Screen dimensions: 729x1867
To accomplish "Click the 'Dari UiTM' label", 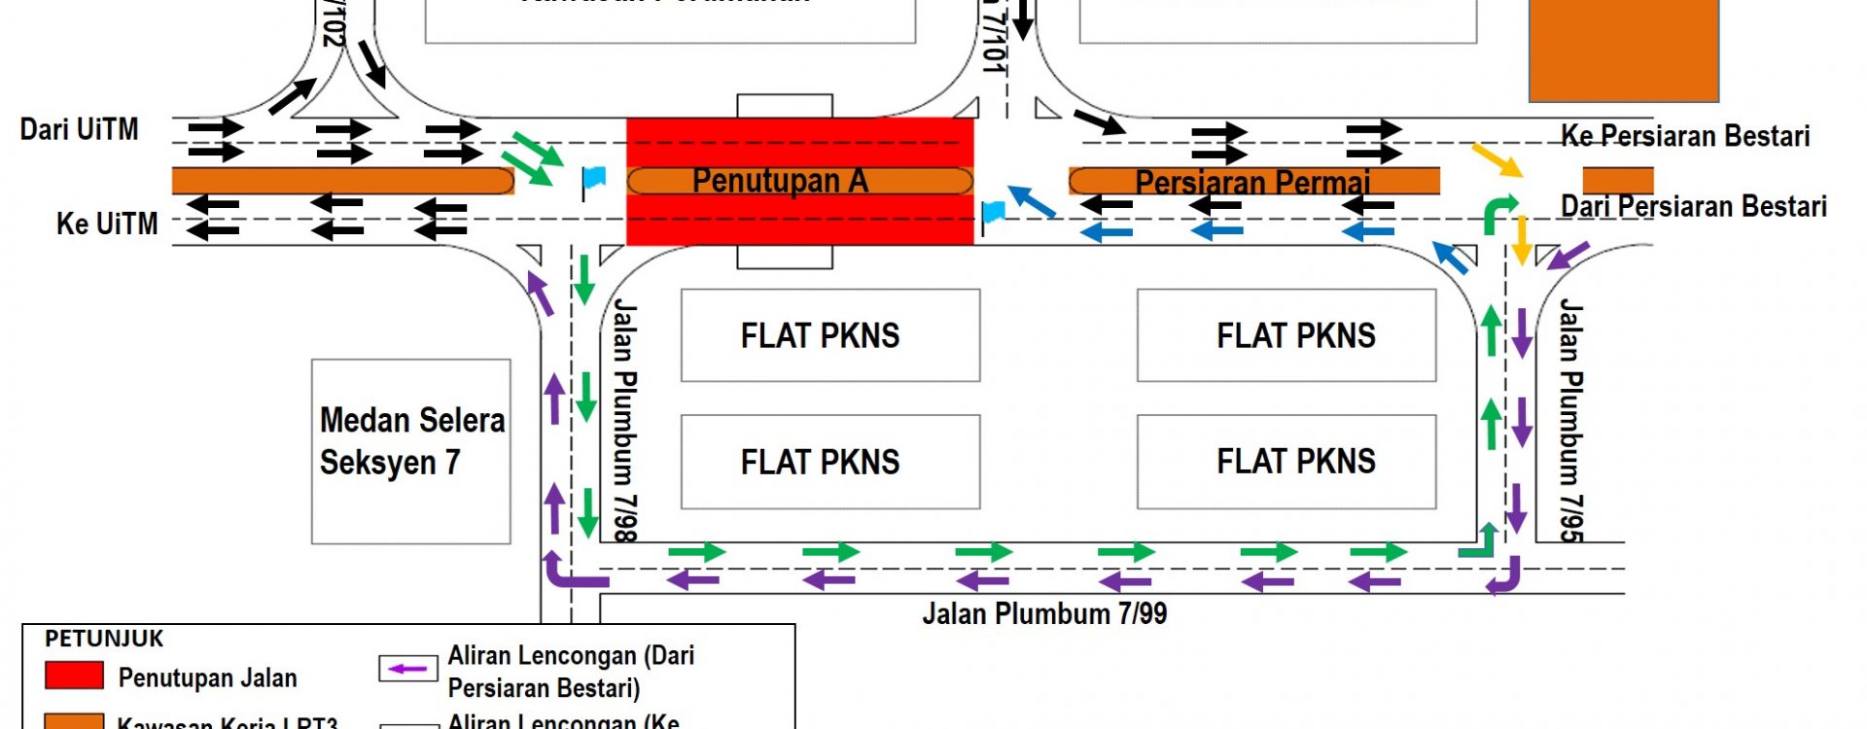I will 80,129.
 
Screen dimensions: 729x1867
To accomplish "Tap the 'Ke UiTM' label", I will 107,224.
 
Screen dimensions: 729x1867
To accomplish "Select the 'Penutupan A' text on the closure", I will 780,181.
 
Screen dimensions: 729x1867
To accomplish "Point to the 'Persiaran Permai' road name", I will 1252,182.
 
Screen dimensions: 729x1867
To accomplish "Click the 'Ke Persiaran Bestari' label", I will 1685,136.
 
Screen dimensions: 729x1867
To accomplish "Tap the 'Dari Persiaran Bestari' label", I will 1693,207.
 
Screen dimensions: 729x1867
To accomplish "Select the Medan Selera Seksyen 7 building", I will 411,451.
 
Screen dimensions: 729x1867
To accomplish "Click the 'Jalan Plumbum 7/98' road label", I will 624,420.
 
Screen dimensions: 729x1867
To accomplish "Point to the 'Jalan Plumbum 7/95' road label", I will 1570,420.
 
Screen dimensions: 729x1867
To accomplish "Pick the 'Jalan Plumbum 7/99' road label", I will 1044,613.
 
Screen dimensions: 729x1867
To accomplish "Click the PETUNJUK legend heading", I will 104,639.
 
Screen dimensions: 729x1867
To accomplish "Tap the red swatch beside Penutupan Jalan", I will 74,676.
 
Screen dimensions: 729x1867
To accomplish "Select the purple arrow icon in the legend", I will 407,669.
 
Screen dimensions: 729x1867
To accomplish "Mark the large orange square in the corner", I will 1624,49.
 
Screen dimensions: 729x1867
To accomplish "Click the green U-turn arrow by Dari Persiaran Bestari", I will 1498,213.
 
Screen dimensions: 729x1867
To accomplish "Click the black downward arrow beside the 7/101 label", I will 1022,19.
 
